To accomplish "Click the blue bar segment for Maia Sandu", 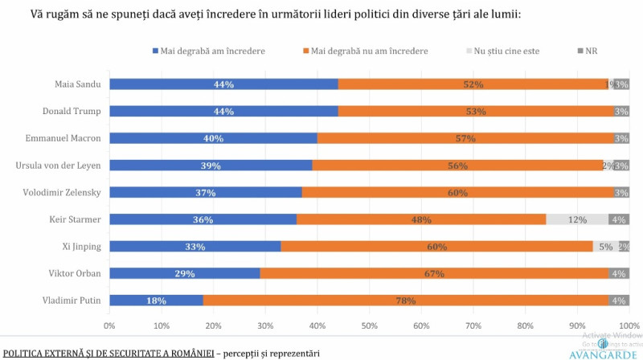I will tap(223, 84).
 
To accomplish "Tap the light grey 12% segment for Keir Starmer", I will tap(576, 219).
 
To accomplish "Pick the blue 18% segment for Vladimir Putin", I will tap(156, 301).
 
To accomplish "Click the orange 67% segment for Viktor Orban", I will tap(434, 273).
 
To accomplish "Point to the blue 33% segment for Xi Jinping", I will tap(195, 246).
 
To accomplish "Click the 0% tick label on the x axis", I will tap(110, 326).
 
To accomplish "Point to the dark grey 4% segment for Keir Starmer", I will tap(618, 219).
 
